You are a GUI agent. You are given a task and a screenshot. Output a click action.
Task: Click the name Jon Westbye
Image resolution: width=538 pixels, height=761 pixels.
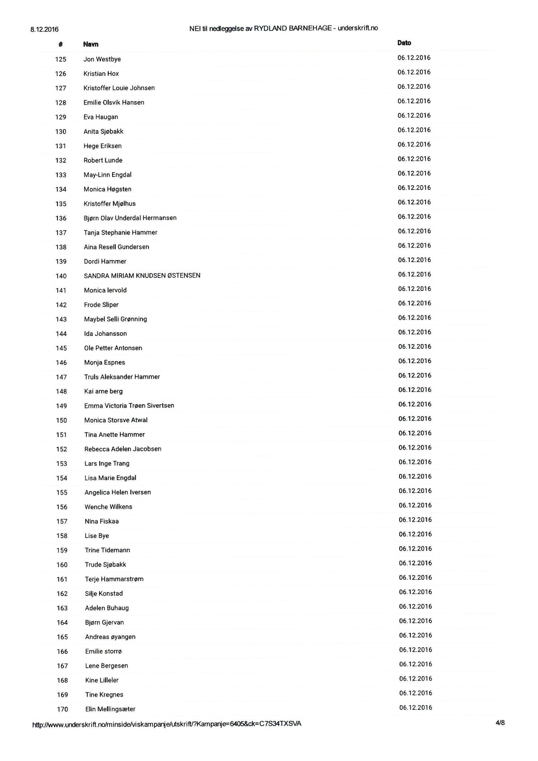tap(102, 59)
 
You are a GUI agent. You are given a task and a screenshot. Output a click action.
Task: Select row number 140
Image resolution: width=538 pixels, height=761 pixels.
tap(61, 276)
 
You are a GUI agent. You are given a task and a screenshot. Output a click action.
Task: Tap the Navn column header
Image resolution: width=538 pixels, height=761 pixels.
tap(91, 45)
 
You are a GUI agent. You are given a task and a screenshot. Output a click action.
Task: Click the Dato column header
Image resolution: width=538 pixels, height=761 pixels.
tap(404, 43)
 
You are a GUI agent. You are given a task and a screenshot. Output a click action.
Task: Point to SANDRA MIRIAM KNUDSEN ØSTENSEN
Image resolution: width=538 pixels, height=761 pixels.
tap(142, 276)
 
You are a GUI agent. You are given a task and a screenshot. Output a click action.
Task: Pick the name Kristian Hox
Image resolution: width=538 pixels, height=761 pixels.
tap(101, 74)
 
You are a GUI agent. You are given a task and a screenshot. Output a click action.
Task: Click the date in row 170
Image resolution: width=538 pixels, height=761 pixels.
tap(415, 707)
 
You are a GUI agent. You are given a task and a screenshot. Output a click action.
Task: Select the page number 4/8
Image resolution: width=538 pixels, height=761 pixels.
tap(500, 723)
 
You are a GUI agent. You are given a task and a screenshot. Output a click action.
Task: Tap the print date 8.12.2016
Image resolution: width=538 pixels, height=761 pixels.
tap(45, 29)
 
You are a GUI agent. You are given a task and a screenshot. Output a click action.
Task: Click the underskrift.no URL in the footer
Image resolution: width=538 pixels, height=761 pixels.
tap(167, 724)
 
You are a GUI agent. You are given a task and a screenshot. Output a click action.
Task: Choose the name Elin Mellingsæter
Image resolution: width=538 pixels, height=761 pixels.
tap(110, 709)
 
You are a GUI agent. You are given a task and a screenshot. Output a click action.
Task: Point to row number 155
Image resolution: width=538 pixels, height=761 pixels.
tap(62, 493)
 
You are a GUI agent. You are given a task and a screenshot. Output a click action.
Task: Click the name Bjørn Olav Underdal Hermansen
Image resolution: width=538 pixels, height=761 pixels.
tap(130, 218)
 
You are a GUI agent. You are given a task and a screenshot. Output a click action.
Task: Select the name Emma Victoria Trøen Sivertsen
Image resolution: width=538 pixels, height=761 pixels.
tap(129, 406)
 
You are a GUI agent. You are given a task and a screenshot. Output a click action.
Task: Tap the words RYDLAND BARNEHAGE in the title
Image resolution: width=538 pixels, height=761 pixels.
tap(293, 28)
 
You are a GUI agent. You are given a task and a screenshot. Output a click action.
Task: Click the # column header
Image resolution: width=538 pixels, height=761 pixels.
tap(61, 45)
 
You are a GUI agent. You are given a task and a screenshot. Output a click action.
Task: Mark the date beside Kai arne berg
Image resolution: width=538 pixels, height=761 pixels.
tap(415, 390)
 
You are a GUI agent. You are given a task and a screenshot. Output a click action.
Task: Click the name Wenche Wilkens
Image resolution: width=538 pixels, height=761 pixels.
tap(108, 507)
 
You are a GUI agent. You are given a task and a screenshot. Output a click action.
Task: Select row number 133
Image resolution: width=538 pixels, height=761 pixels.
tap(61, 175)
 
